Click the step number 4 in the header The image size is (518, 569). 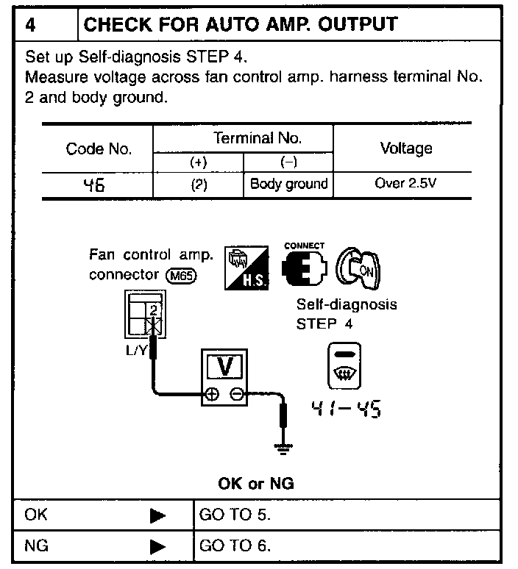click(x=30, y=24)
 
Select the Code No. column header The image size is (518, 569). click(x=99, y=149)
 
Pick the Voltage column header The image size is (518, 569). click(x=405, y=148)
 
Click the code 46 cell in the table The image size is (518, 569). click(x=98, y=185)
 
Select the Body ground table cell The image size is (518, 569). click(x=288, y=184)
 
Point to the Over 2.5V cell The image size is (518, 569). click(x=405, y=184)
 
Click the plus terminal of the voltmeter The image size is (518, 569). click(x=211, y=393)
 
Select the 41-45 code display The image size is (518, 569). click(x=345, y=409)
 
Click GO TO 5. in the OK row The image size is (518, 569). click(x=235, y=515)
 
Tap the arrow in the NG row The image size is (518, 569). click(x=157, y=548)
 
